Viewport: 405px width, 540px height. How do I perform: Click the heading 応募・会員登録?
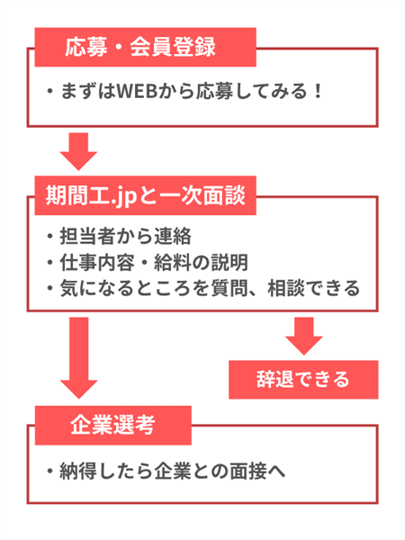144,46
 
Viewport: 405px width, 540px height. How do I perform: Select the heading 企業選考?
113,424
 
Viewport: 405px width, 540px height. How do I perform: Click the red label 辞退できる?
302,378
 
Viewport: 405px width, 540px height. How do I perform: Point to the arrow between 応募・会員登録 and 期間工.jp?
80,150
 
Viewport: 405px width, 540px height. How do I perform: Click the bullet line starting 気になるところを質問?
202,288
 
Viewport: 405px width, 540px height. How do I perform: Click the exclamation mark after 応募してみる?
316,93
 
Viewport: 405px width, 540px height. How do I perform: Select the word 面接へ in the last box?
260,471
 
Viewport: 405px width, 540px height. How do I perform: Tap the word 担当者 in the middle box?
88,238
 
